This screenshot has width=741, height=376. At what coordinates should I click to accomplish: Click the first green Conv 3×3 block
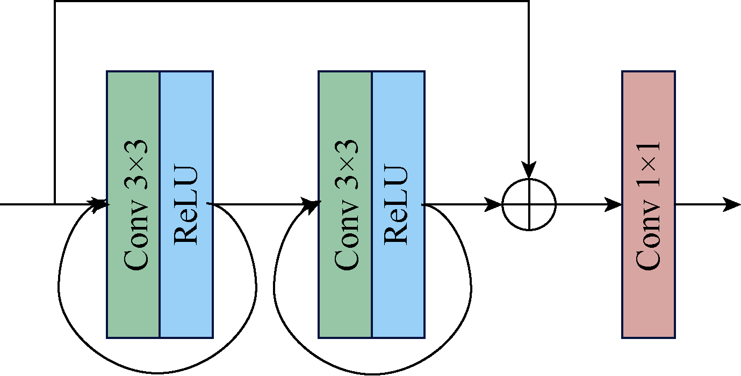pos(133,204)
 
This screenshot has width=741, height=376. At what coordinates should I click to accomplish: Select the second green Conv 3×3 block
pos(345,204)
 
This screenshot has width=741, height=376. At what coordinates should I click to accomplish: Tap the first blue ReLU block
pos(186,204)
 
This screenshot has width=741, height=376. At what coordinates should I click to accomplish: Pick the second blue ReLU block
pos(399,204)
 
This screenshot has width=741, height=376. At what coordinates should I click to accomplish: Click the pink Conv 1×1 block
pos(649,204)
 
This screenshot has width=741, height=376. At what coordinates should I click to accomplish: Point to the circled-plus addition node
pos(529,205)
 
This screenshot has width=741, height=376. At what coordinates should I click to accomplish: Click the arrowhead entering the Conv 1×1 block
pos(613,205)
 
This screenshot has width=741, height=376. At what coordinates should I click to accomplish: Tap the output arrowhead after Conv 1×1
pos(731,205)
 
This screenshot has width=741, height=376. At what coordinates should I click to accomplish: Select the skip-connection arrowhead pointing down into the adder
pos(529,169)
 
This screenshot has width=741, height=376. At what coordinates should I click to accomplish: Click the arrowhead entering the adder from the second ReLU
pos(493,205)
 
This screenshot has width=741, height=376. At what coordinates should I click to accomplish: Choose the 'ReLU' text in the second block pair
pos(395,205)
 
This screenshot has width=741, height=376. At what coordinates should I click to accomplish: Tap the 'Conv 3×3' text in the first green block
pos(135,205)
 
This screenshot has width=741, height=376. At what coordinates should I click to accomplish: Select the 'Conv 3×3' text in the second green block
pos(346,205)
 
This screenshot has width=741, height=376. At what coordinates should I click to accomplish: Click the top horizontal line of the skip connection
pos(292,1)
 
